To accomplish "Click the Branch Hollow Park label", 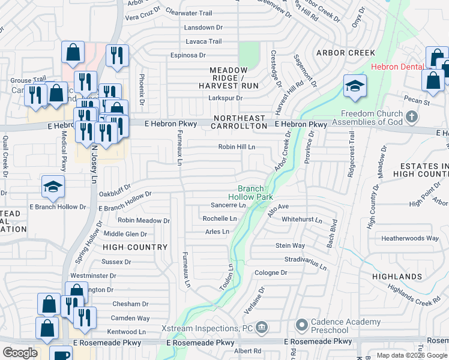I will click(250, 193).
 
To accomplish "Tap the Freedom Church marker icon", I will click(412, 116).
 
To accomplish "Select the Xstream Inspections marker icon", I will click(261, 328).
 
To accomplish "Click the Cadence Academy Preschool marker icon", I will click(301, 326).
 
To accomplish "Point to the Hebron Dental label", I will click(397, 67).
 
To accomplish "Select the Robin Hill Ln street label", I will click(237, 146).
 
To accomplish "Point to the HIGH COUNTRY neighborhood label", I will click(135, 247).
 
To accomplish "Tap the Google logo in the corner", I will click(20, 353).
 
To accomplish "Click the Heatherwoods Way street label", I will click(410, 238).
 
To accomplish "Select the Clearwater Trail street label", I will click(188, 13).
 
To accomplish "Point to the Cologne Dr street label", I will click(271, 272).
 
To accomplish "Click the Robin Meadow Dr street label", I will click(143, 220).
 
